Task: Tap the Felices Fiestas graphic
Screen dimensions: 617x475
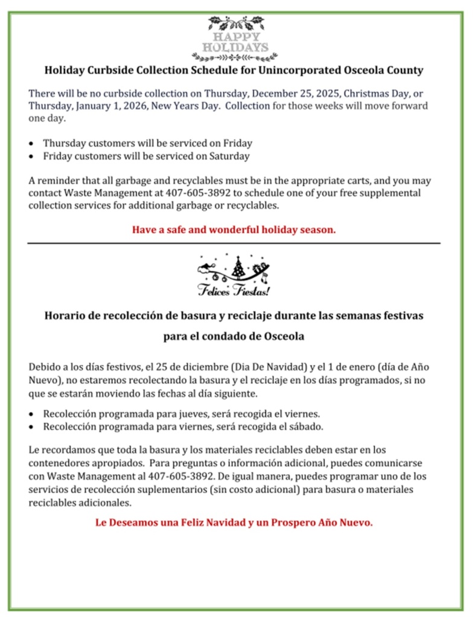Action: [x=234, y=274]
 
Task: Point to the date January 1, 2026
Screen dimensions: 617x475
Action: [x=111, y=105]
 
